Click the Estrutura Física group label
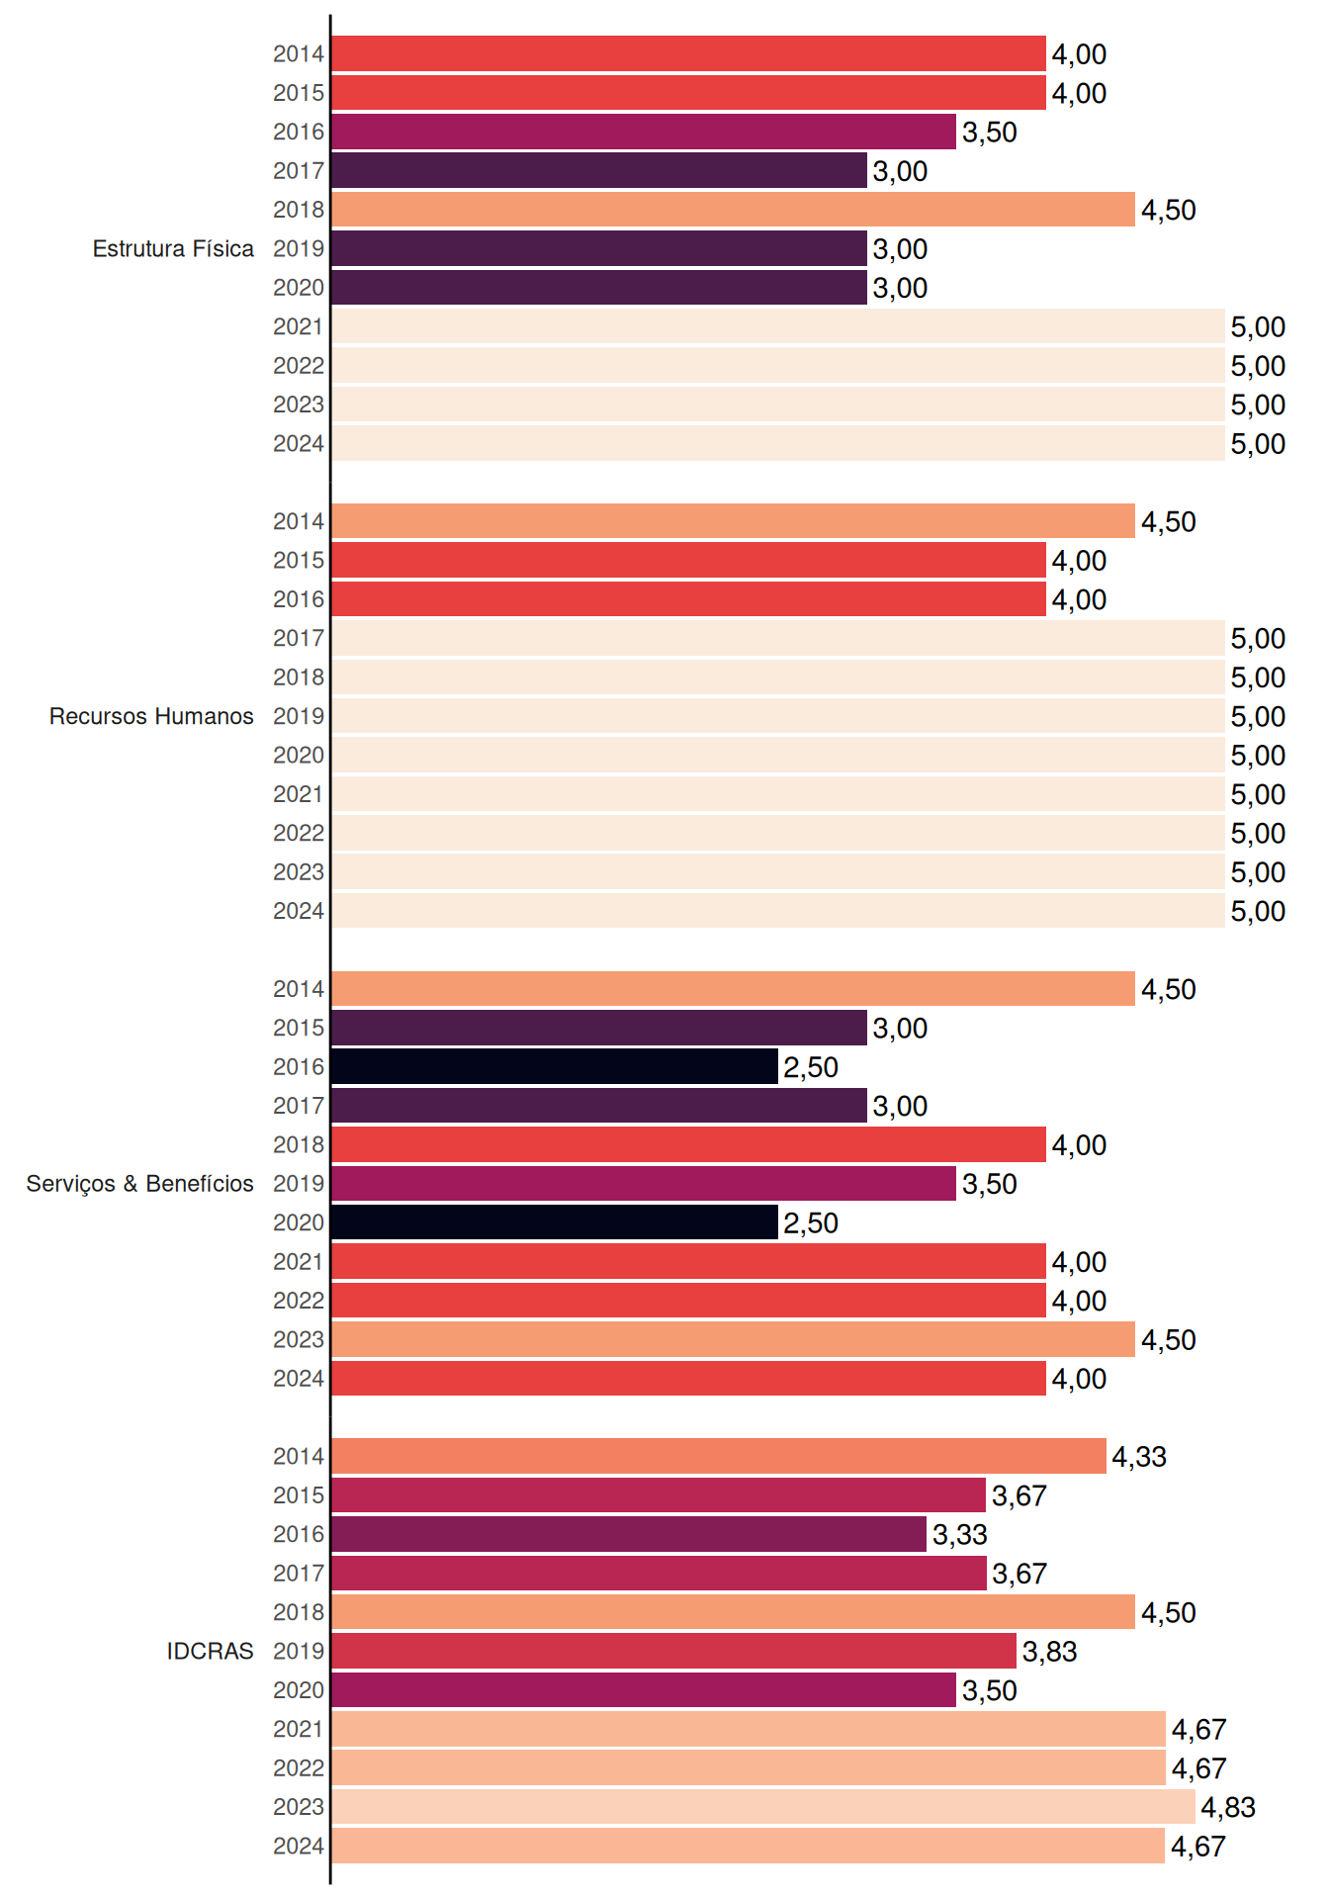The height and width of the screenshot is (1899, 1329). [173, 248]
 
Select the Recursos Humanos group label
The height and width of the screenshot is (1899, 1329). [151, 716]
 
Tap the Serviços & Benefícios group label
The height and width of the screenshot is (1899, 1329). [139, 1184]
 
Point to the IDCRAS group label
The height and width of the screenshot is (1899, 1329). [210, 1651]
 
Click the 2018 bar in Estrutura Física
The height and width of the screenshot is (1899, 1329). [733, 210]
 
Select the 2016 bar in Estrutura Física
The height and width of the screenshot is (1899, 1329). [644, 132]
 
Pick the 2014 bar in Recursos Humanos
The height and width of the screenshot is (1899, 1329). [733, 521]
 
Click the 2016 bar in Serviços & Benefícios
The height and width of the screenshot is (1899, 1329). [555, 1066]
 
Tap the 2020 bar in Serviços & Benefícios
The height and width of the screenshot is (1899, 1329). [555, 1222]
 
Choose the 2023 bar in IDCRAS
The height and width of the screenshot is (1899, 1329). [763, 1807]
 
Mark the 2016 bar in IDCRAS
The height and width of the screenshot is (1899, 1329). [629, 1534]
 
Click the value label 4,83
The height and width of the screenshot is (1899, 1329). [1228, 1807]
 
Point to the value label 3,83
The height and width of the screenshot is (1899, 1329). [1049, 1652]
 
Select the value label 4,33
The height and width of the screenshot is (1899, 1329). [1139, 1457]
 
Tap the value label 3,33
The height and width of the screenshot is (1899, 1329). [959, 1534]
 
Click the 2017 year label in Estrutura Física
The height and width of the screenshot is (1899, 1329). [299, 171]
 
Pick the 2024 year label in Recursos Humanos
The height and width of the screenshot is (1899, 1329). [299, 911]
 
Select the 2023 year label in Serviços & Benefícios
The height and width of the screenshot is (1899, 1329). [299, 1339]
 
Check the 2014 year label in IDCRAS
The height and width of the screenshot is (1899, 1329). [299, 1456]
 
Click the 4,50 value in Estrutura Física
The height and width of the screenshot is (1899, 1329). [1169, 210]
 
